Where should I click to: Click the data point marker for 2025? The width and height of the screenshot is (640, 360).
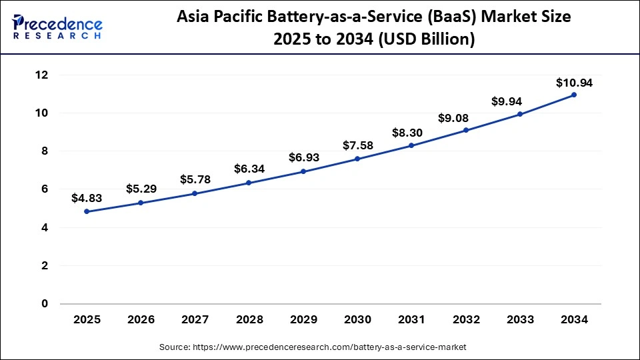[x=87, y=211]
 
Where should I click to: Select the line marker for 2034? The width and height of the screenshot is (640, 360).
[x=574, y=95]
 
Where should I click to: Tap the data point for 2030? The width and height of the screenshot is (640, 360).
[x=357, y=159]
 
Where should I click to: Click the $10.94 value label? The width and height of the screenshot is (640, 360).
[x=574, y=83]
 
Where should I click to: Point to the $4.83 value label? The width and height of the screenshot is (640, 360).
[x=87, y=198]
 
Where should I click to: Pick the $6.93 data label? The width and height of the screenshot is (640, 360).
[x=303, y=158]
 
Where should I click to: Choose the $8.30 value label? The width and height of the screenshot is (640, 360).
[x=412, y=132]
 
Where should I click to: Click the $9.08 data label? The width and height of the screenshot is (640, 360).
[x=466, y=117]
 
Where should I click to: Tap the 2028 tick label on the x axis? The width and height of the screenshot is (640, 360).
[x=249, y=319]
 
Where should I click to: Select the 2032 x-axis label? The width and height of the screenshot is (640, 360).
[x=466, y=319]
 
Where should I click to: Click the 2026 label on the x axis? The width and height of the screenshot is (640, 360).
[x=141, y=319]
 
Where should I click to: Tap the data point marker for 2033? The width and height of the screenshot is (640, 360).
[x=520, y=114]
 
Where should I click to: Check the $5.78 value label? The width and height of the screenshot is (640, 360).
[x=195, y=179]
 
